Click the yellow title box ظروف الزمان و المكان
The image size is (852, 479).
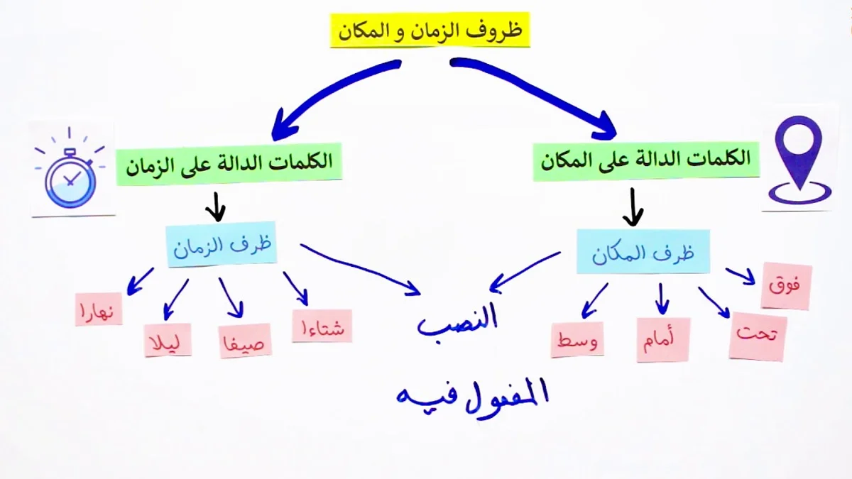coord(430,31)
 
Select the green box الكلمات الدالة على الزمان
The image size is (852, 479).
coord(229,164)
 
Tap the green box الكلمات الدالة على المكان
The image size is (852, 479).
coord(646,161)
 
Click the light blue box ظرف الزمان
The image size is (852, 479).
coord(222,244)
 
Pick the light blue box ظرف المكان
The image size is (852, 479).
coord(643,251)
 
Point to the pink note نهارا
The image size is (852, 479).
coord(99,309)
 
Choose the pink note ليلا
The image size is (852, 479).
coord(168,340)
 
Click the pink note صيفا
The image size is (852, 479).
coord(244,341)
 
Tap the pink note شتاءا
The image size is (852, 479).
coord(322,326)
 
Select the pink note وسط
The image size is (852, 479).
coord(577,340)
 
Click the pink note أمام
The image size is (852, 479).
coord(663,340)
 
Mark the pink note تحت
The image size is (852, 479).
coord(758,336)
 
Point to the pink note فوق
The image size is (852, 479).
coord(786,286)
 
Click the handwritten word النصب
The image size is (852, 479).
coord(457,321)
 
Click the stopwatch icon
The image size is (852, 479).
coord(70,169)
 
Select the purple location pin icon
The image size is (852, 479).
coord(799,159)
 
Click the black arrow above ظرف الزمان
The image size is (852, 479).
coord(216,207)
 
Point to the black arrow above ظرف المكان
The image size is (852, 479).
coord(633,207)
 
